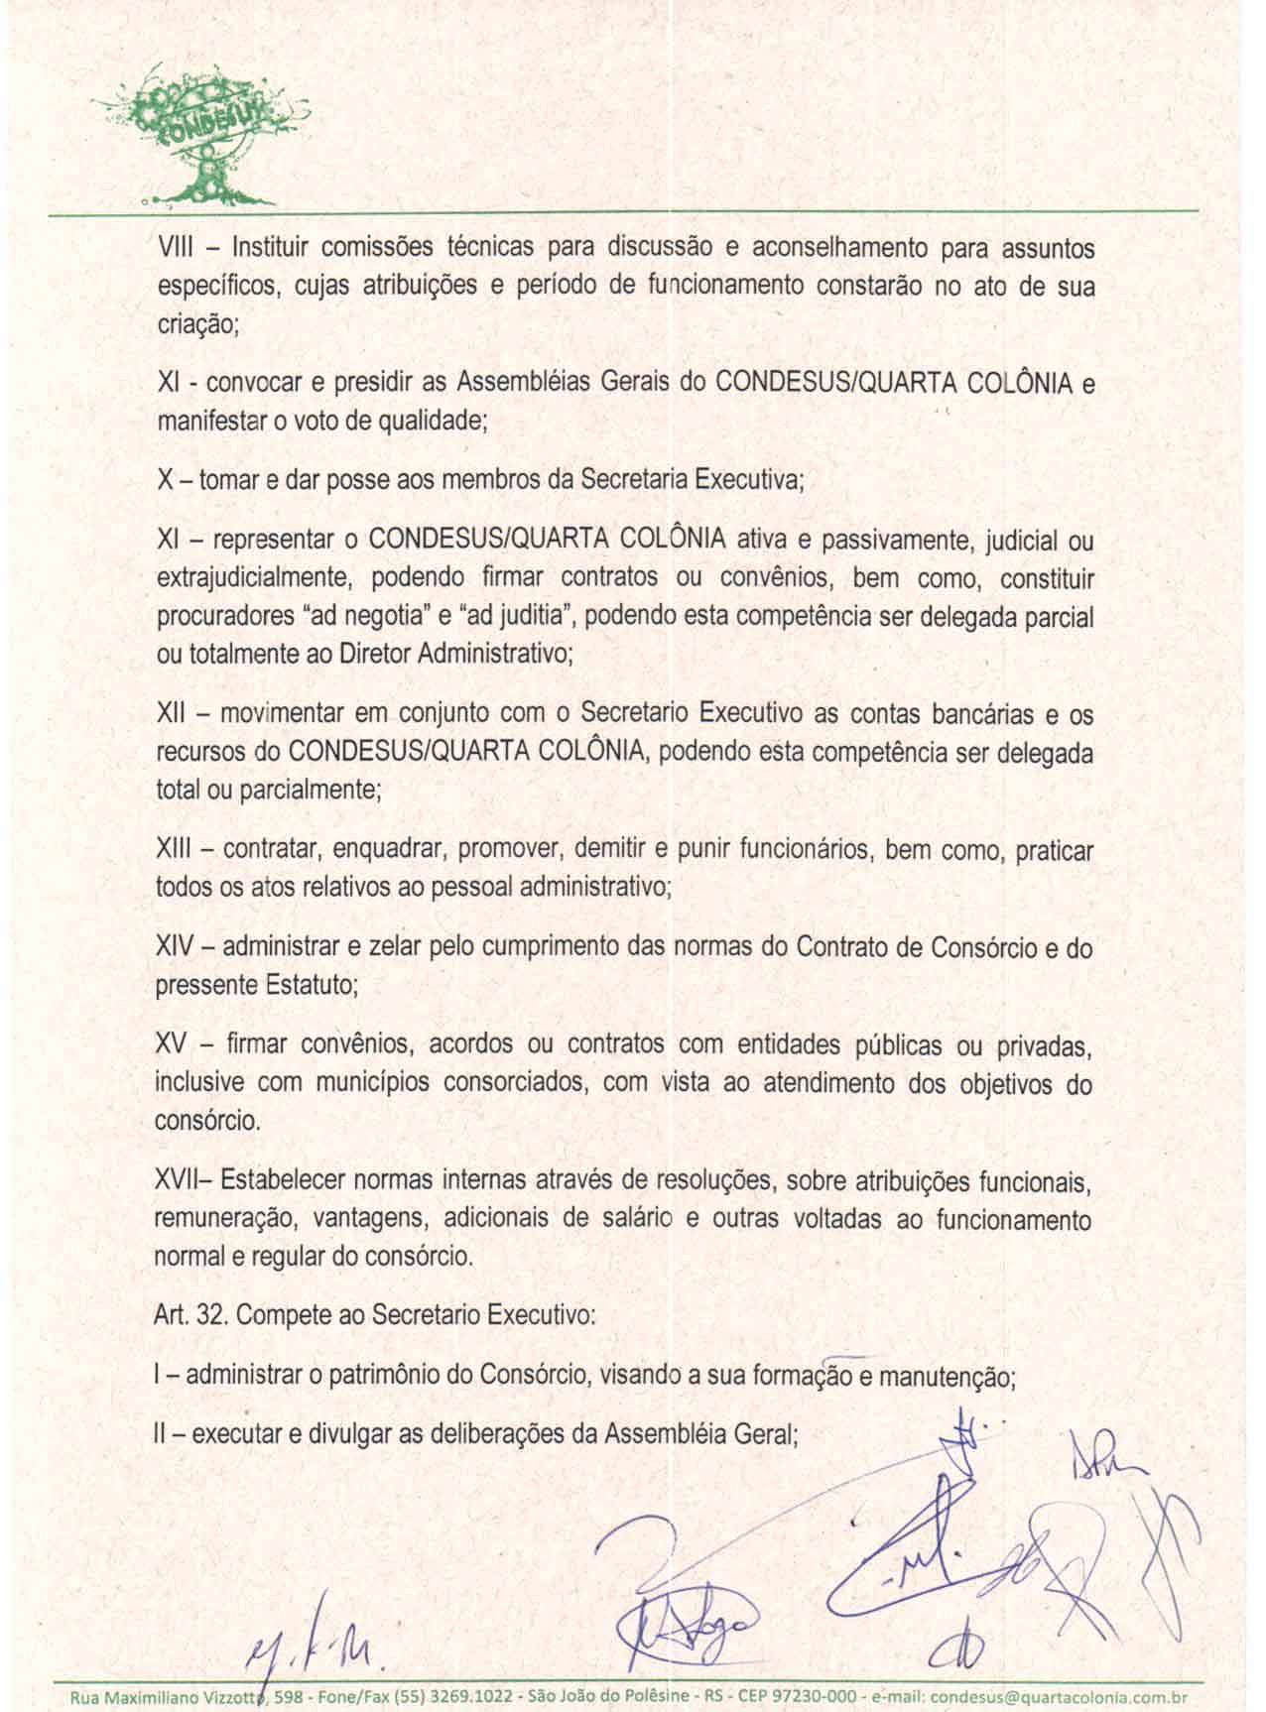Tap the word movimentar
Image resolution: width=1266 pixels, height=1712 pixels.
(282, 714)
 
